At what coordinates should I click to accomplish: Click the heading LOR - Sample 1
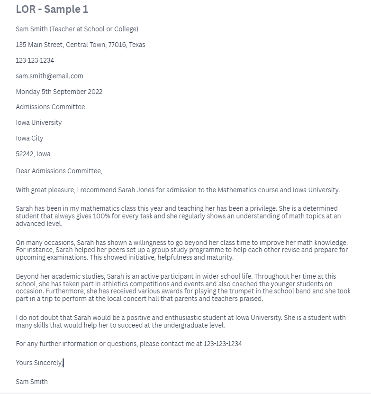pyautogui.click(x=52, y=9)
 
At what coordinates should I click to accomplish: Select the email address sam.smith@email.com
pyautogui.click(x=49, y=76)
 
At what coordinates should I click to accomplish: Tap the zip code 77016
pyautogui.click(x=116, y=45)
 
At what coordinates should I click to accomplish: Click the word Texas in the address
pyautogui.click(x=137, y=45)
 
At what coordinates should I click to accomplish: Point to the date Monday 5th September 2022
pyautogui.click(x=59, y=92)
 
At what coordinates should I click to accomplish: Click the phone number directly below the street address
pyautogui.click(x=35, y=60)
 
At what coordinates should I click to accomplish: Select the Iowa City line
pyautogui.click(x=29, y=138)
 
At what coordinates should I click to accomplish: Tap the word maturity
pyautogui.click(x=219, y=257)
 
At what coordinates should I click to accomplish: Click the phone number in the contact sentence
pyautogui.click(x=222, y=344)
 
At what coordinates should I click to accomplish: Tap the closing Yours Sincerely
pyautogui.click(x=39, y=363)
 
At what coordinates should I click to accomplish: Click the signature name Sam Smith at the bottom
pyautogui.click(x=32, y=381)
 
